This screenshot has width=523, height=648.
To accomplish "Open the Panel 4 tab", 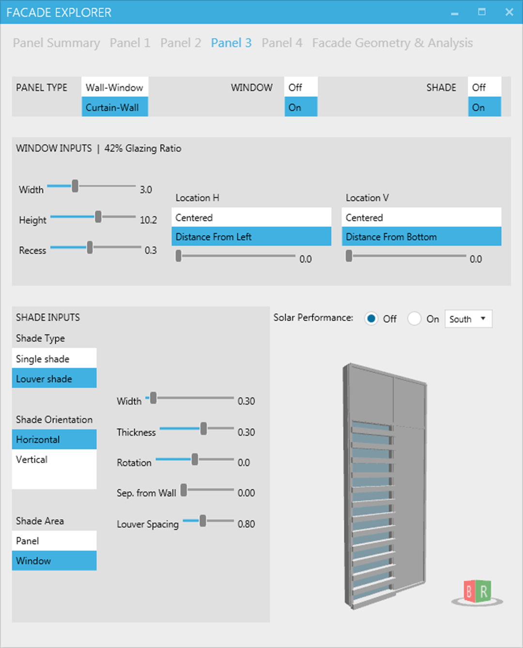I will pyautogui.click(x=282, y=43).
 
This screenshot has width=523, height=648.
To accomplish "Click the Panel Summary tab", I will pyautogui.click(x=56, y=43).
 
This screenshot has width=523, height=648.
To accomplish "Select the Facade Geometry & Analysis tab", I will pyautogui.click(x=392, y=43).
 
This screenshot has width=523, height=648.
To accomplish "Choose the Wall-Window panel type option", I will pyautogui.click(x=115, y=87).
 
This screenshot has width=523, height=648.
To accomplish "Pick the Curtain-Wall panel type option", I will pyautogui.click(x=115, y=107).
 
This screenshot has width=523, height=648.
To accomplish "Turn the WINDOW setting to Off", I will pyautogui.click(x=301, y=87).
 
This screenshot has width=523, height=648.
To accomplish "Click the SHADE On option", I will pyautogui.click(x=484, y=107).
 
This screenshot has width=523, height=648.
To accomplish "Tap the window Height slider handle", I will pyautogui.click(x=98, y=216).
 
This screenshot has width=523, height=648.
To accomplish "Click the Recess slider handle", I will pyautogui.click(x=90, y=247).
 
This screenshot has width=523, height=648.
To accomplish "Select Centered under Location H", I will pyautogui.click(x=251, y=217).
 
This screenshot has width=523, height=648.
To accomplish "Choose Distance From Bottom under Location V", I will pyautogui.click(x=421, y=237).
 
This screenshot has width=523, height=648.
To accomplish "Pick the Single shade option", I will pyautogui.click(x=54, y=359).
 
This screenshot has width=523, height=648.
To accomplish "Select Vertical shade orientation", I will pyautogui.click(x=54, y=459).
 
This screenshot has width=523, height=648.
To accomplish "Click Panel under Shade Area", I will pyautogui.click(x=54, y=541).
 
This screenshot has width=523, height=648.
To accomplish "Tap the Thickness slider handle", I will pyautogui.click(x=204, y=428).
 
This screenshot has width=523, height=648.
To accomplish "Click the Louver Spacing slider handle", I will pyautogui.click(x=203, y=520).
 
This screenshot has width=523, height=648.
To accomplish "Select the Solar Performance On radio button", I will pyautogui.click(x=415, y=318).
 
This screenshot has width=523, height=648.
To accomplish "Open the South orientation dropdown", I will pyautogui.click(x=468, y=318).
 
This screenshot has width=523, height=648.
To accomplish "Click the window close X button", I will pyautogui.click(x=509, y=12).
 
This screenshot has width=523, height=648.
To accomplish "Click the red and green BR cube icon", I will pyautogui.click(x=477, y=591).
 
